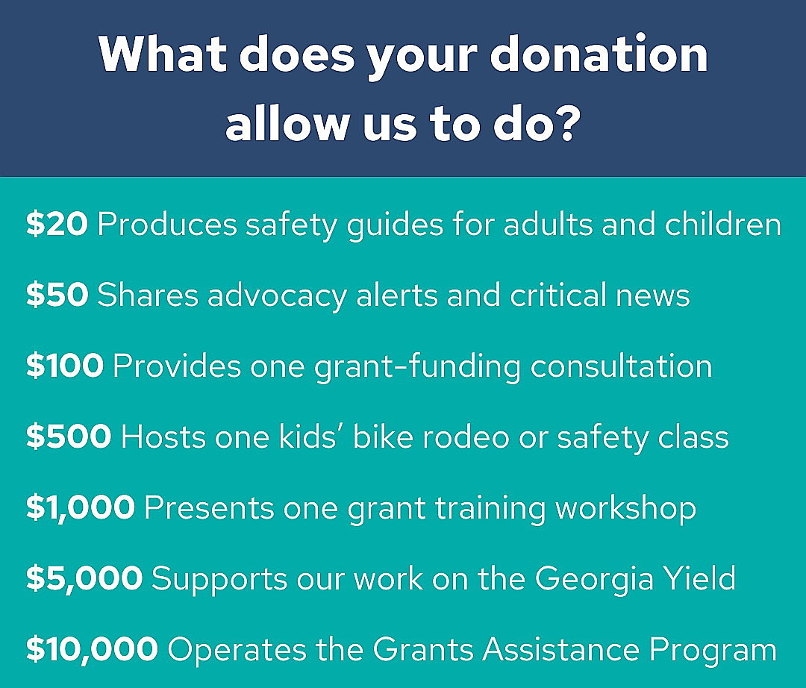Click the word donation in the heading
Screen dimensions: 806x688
pos(599,54)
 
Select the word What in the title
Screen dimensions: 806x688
pos(163,54)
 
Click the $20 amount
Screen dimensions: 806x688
pos(57,225)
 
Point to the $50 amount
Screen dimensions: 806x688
pos(57,295)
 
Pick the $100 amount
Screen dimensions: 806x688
pos(65,366)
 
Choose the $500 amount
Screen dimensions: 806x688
pos(69,437)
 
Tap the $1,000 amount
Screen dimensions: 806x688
pos(81,507)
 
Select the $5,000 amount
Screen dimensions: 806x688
pos(84,578)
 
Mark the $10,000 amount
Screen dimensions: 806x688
pos(92,649)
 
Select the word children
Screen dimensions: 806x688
pos(722,225)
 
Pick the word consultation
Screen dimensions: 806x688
pos(621,366)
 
